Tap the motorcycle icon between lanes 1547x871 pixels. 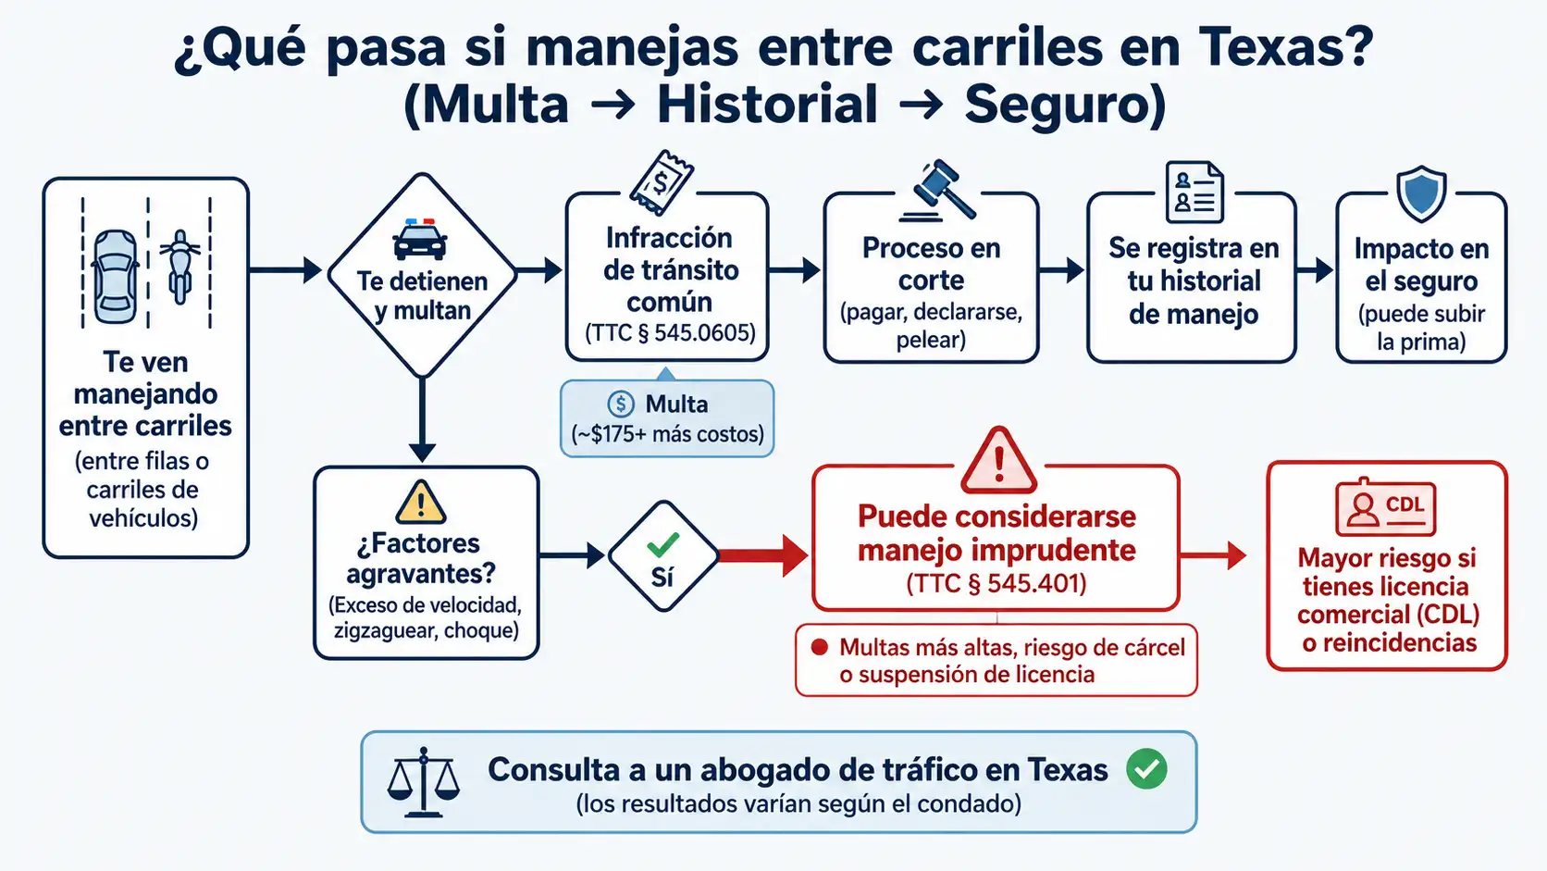pyautogui.click(x=180, y=267)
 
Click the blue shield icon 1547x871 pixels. pyautogui.click(x=1420, y=193)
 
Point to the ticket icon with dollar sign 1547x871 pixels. pyautogui.click(x=662, y=182)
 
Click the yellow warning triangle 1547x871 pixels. pyautogui.click(x=421, y=503)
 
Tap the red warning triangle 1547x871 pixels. pyautogui.click(x=998, y=461)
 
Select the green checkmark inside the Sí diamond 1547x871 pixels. pyautogui.click(x=663, y=545)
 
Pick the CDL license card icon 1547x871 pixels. pyautogui.click(x=1386, y=507)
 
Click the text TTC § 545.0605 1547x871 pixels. pyautogui.click(x=670, y=333)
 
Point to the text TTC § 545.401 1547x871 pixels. pyautogui.click(x=996, y=584)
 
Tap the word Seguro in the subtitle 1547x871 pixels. pyautogui.click(x=1057, y=105)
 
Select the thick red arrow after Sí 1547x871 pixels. pyautogui.click(x=763, y=554)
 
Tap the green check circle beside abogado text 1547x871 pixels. pyautogui.click(x=1146, y=769)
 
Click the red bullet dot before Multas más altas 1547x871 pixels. pyautogui.click(x=820, y=647)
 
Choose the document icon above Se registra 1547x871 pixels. pyautogui.click(x=1194, y=192)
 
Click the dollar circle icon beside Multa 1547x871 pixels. pyautogui.click(x=620, y=404)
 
